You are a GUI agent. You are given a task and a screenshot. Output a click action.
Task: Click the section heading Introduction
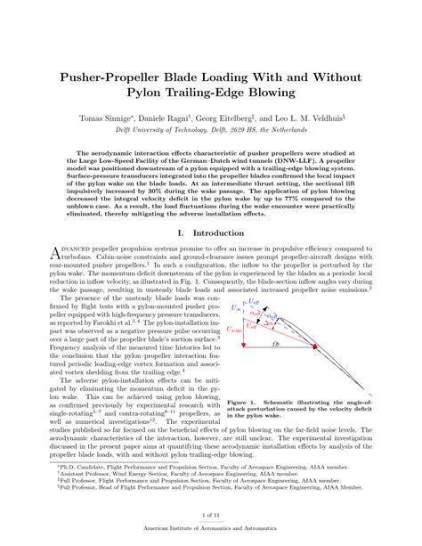pos(224,232)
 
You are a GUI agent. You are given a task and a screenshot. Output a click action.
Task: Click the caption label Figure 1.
pos(243,402)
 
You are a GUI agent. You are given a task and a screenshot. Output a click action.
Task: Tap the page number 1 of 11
pos(210,516)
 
